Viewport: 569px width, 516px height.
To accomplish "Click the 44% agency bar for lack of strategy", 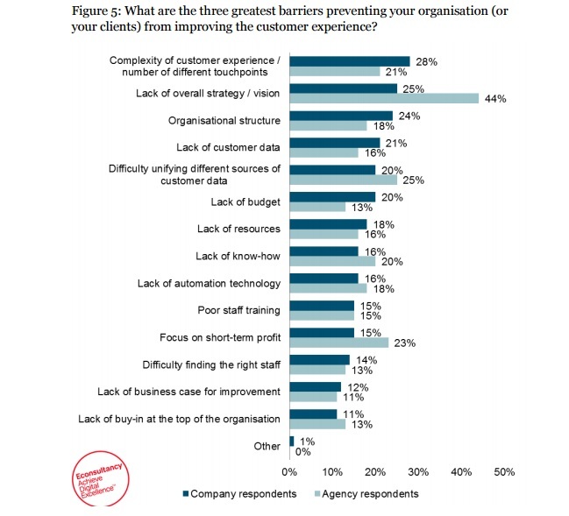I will (384, 99).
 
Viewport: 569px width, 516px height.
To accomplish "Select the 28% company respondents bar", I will (350, 61).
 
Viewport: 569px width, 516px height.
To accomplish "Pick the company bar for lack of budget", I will (332, 197).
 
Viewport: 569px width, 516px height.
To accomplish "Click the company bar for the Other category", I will (292, 441).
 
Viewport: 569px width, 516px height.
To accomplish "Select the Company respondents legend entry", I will (238, 493).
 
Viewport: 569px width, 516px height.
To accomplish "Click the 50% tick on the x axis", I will (504, 471).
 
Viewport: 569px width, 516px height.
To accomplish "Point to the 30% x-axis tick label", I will (418, 471).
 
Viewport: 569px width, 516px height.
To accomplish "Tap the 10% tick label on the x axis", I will (333, 471).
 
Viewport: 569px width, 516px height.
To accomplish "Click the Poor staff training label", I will (239, 310).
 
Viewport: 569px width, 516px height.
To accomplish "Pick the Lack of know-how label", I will (238, 256).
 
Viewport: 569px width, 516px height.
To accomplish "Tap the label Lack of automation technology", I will (209, 283).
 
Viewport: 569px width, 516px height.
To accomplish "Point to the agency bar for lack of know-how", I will (332, 261).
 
